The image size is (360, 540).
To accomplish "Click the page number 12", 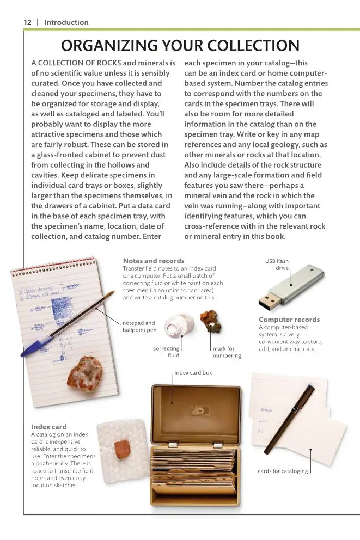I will (27, 22).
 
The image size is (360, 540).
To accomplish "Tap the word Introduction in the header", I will (66, 22).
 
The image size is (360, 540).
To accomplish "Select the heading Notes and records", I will (154, 261).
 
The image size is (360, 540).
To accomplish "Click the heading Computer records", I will (289, 320).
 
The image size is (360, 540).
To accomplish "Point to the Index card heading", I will (48, 427).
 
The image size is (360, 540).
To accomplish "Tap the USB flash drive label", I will (277, 265).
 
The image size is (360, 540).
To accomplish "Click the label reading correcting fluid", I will (166, 352).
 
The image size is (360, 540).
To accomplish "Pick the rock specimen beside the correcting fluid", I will (210, 326).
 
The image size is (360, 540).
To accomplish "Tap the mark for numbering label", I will (227, 352).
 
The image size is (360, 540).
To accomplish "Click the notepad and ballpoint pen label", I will (139, 326).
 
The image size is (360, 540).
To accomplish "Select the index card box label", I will (193, 373).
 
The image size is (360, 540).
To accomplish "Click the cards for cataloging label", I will (283, 471).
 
